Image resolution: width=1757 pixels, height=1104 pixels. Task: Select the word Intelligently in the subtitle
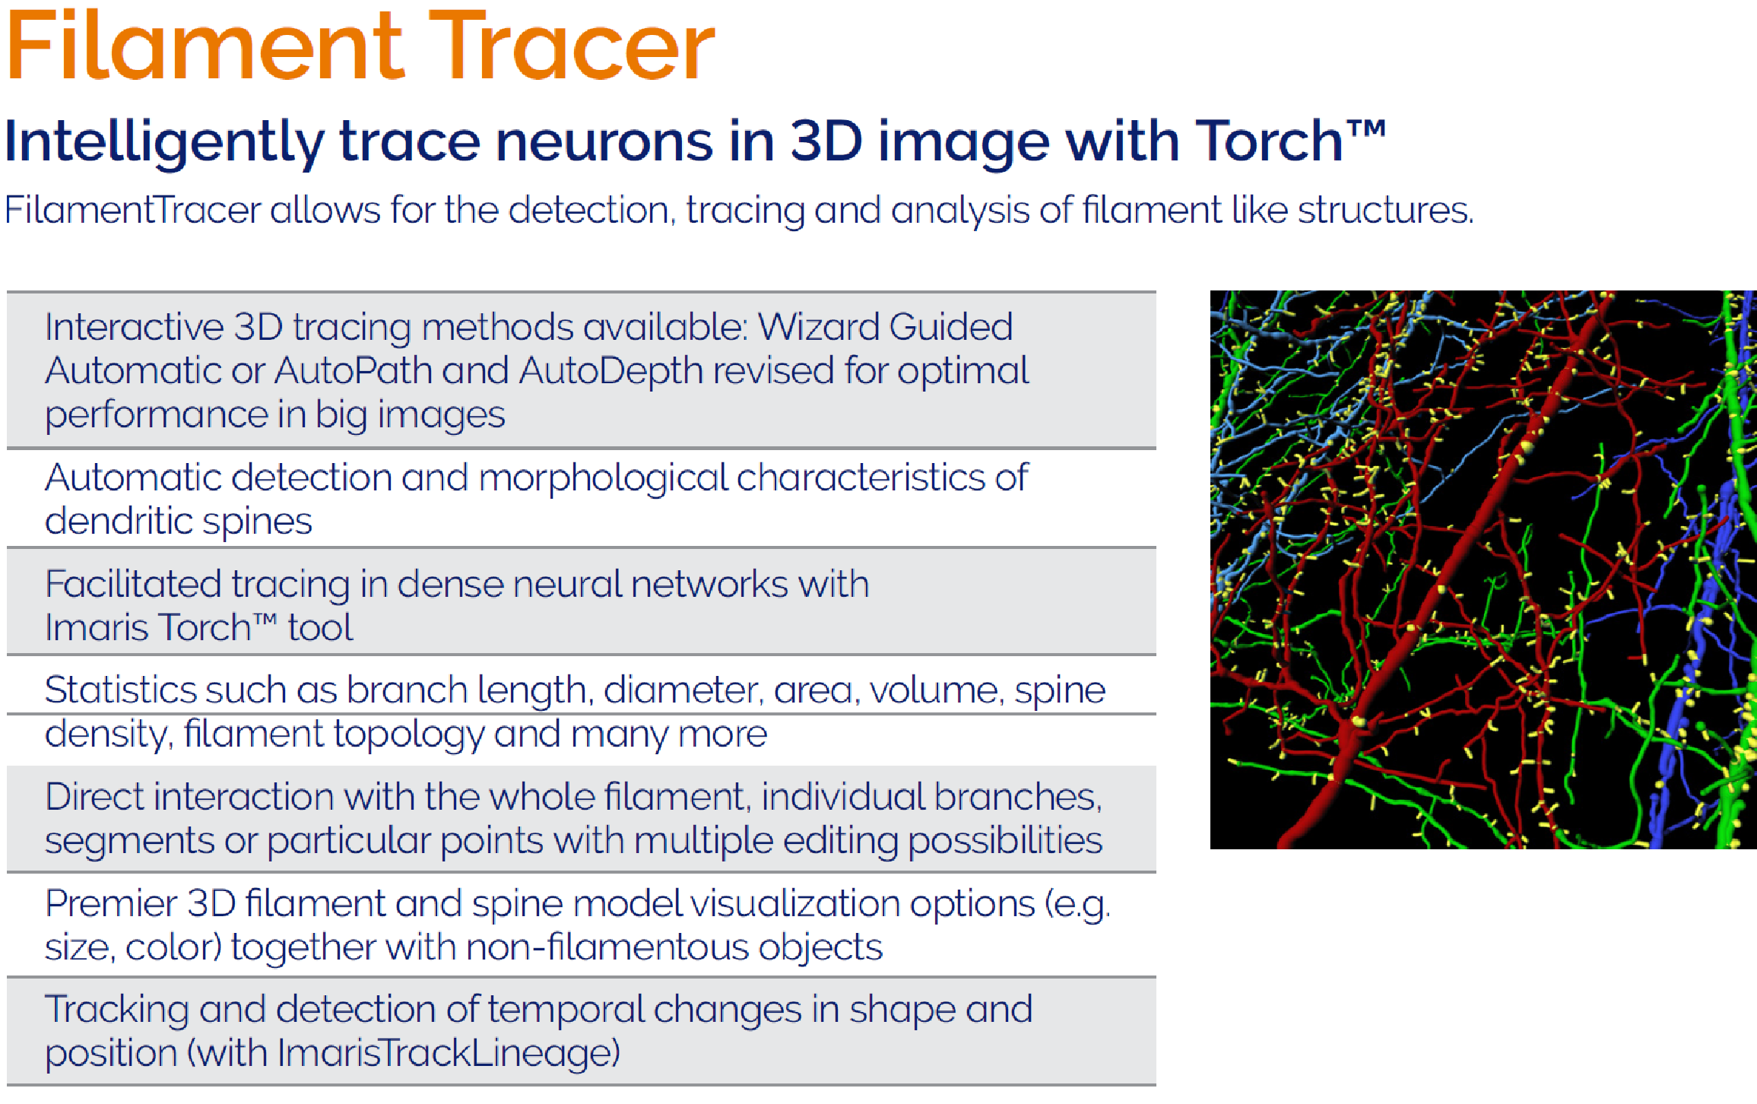[164, 143]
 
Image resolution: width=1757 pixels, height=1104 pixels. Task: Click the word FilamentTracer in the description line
[133, 210]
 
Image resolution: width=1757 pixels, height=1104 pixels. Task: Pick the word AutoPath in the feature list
[353, 371]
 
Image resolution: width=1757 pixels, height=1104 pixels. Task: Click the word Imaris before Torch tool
[95, 628]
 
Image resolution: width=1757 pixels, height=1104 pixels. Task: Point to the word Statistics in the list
[119, 690]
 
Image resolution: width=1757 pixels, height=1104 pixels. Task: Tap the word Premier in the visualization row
[111, 903]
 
